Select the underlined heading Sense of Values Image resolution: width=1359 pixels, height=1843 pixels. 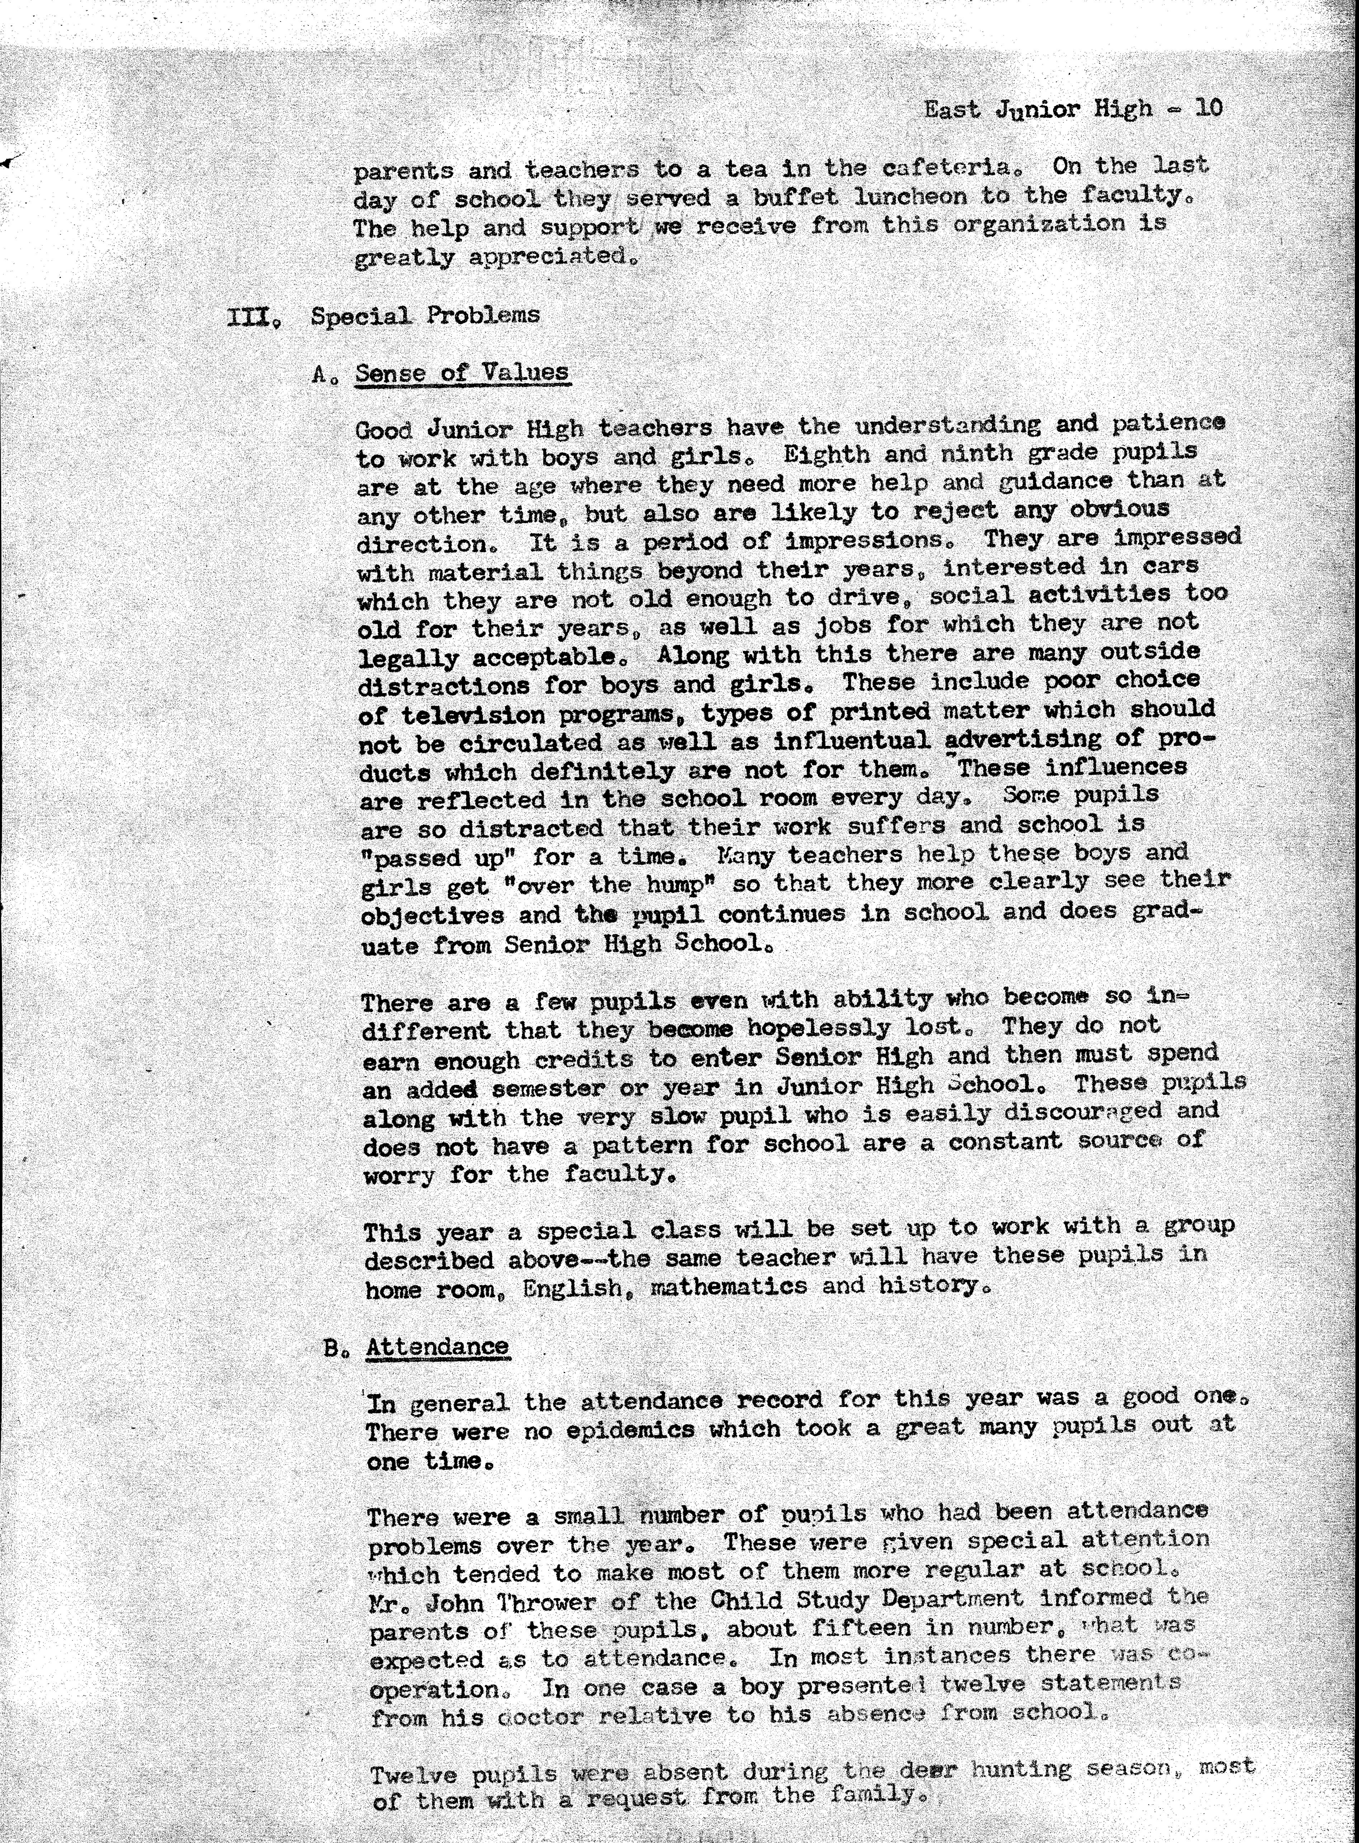pos(462,373)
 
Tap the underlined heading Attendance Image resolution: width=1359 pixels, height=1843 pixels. pos(438,1346)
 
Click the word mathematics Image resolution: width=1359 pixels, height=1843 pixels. pos(728,1286)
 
